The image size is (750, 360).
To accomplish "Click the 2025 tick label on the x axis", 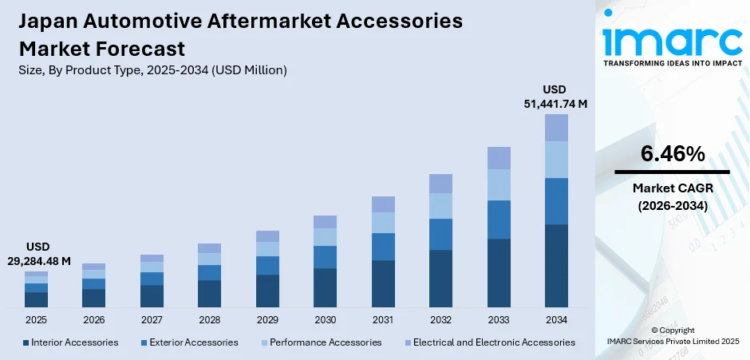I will click(x=36, y=319).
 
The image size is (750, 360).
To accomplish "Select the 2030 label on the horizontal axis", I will click(x=325, y=319).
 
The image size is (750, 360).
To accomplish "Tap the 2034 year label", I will click(x=556, y=319).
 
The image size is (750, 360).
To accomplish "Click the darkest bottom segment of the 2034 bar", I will click(x=556, y=266).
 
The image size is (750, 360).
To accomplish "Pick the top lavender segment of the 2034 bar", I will click(x=556, y=128).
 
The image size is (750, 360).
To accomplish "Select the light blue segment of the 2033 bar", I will click(x=499, y=184).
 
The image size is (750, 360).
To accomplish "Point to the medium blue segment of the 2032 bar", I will click(x=440, y=234).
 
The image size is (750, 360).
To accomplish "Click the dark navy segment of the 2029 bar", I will click(x=267, y=291).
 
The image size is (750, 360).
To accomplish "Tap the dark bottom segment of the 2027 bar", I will click(x=152, y=296).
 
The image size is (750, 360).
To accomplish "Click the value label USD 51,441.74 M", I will click(x=555, y=97).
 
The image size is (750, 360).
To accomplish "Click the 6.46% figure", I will click(x=672, y=154).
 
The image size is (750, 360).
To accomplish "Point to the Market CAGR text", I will click(x=672, y=188).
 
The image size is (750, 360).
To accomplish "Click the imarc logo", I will click(x=672, y=40).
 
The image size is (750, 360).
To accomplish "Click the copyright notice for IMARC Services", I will click(x=672, y=336).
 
